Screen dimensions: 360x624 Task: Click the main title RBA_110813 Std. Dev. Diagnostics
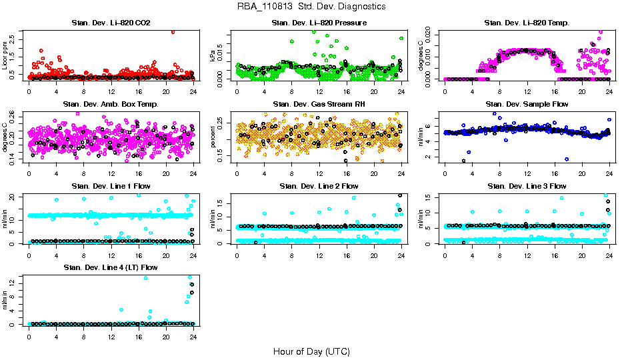[x=311, y=7]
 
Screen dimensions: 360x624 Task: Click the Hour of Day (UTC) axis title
[x=311, y=351]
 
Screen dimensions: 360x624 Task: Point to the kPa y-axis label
[x=214, y=56]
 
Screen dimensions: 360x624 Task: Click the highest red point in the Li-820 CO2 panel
[x=173, y=31]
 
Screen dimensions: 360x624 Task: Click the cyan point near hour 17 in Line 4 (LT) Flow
[x=145, y=278]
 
